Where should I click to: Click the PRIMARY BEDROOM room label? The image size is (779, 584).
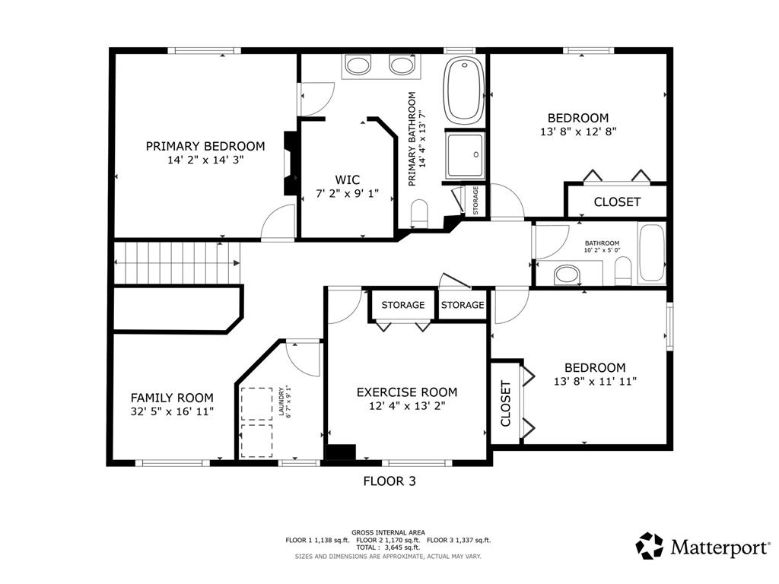click(205, 147)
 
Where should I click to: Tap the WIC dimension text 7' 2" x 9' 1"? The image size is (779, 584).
click(347, 193)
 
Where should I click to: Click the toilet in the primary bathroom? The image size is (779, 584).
click(420, 213)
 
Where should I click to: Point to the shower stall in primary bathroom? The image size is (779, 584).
click(465, 155)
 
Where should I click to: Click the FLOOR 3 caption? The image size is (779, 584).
click(389, 481)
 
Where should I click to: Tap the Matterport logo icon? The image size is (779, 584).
click(650, 546)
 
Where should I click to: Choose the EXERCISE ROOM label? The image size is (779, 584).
click(407, 392)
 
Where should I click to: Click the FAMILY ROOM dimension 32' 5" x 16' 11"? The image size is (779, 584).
click(172, 411)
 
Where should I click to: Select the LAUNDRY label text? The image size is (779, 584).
click(281, 401)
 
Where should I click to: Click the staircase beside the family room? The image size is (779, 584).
click(176, 262)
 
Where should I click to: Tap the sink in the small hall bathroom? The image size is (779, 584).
click(567, 275)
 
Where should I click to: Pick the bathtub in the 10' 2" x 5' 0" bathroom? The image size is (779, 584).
click(651, 253)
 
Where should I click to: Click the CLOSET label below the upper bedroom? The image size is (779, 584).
click(617, 202)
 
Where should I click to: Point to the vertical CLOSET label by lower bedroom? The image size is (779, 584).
click(506, 403)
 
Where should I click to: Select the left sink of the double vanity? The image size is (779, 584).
click(358, 65)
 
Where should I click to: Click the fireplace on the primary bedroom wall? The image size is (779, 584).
click(290, 163)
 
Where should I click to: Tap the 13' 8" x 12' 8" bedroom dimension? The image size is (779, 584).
click(578, 132)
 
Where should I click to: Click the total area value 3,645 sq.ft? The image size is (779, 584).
click(396, 547)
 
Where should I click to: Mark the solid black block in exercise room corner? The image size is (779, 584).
click(341, 452)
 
